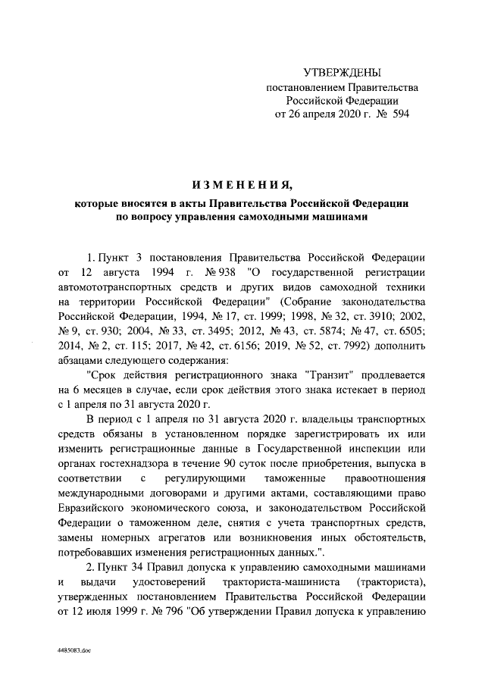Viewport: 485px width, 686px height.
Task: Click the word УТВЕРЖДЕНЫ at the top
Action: (x=341, y=73)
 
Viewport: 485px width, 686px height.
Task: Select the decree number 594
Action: (x=389, y=114)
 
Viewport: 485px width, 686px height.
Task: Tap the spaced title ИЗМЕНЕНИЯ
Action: (x=242, y=184)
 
